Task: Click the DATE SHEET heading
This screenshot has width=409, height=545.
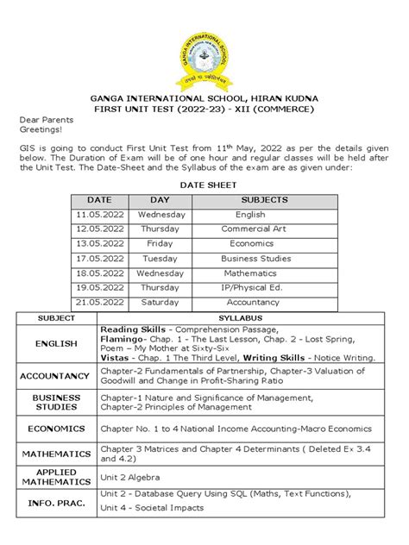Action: [204, 185]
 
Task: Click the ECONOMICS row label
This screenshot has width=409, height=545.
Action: [56, 429]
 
